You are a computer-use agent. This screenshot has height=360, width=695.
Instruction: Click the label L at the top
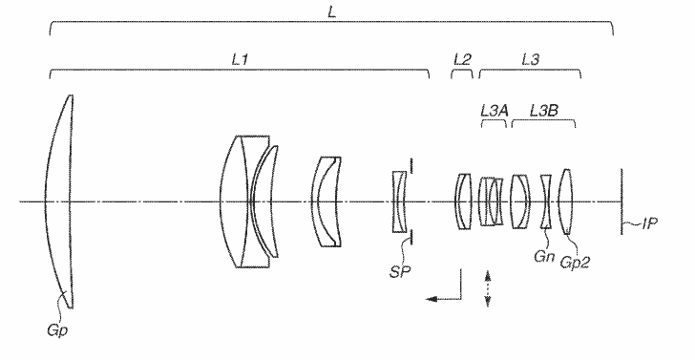(x=331, y=12)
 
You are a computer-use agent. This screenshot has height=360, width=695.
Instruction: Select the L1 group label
(x=240, y=60)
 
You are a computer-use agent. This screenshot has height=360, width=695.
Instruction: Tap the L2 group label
(x=462, y=59)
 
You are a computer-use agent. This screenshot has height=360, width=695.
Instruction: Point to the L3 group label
(x=531, y=59)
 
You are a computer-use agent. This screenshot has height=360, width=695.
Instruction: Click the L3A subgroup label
(x=495, y=111)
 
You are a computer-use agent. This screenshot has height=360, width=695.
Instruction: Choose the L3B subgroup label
(x=544, y=111)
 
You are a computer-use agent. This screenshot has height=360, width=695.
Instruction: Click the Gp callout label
(x=57, y=330)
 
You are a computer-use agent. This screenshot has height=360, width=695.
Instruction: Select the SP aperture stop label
(x=400, y=272)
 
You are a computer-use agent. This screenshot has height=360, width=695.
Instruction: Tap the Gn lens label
(x=544, y=256)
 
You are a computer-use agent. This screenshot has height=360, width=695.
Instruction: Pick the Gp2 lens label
(x=575, y=262)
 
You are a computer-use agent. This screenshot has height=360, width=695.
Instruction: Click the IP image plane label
(x=649, y=223)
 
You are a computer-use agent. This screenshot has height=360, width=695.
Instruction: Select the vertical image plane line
(x=621, y=201)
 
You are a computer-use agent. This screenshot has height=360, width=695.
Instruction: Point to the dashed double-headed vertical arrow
(x=488, y=288)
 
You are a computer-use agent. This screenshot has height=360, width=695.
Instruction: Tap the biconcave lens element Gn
(x=546, y=201)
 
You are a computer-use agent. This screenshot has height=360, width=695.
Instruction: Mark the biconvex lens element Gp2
(x=565, y=201)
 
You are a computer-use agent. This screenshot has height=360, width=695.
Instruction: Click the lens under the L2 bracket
(x=463, y=201)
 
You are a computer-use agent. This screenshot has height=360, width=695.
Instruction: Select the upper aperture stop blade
(x=411, y=165)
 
